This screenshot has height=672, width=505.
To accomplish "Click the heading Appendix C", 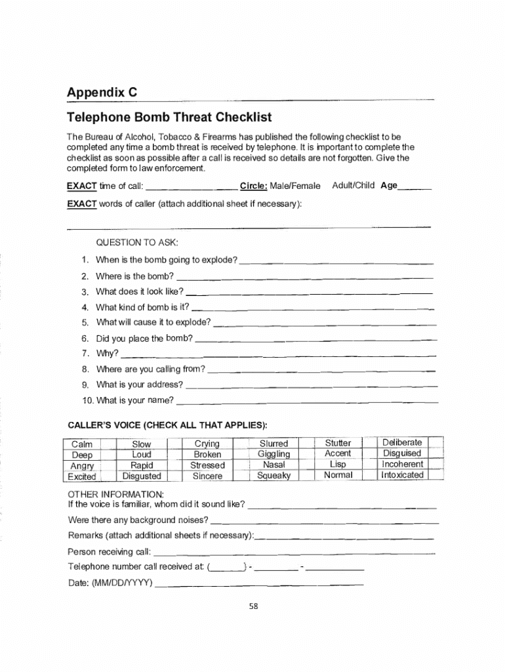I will (102, 93).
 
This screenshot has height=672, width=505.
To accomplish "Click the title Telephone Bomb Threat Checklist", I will (169, 117).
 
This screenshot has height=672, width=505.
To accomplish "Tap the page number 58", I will (253, 606).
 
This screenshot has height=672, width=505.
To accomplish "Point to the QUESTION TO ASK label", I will (136, 242).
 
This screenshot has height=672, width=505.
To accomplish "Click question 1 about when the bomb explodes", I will (167, 260).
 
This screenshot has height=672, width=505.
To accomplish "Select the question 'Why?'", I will (107, 353).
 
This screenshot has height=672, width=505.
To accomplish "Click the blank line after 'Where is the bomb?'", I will (305, 277).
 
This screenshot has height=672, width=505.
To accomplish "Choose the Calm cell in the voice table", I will (83, 444).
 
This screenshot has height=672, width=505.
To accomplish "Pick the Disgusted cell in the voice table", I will (142, 476).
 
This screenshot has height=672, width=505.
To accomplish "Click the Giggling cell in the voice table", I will (273, 454).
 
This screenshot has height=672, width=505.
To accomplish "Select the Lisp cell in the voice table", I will (338, 464).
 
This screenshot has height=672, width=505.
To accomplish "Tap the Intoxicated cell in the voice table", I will (403, 474).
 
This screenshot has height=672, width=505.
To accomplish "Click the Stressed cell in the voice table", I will (207, 465).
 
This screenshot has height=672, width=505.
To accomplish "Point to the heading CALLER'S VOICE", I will (167, 423).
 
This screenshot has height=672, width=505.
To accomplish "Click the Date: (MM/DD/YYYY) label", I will (110, 583).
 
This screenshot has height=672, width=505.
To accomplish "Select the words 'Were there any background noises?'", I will (138, 520).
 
